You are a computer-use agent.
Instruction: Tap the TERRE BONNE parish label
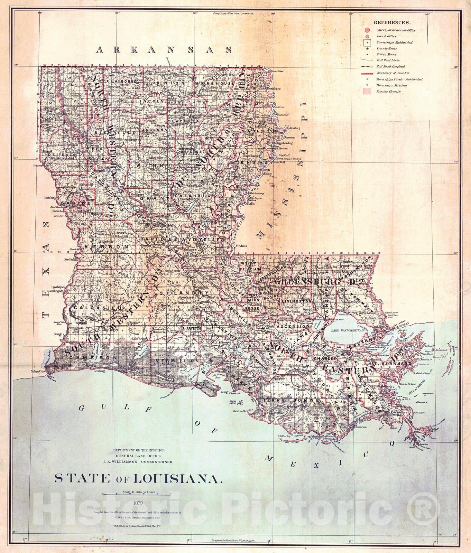tap(290, 400)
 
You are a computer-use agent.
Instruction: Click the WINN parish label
tap(142, 166)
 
